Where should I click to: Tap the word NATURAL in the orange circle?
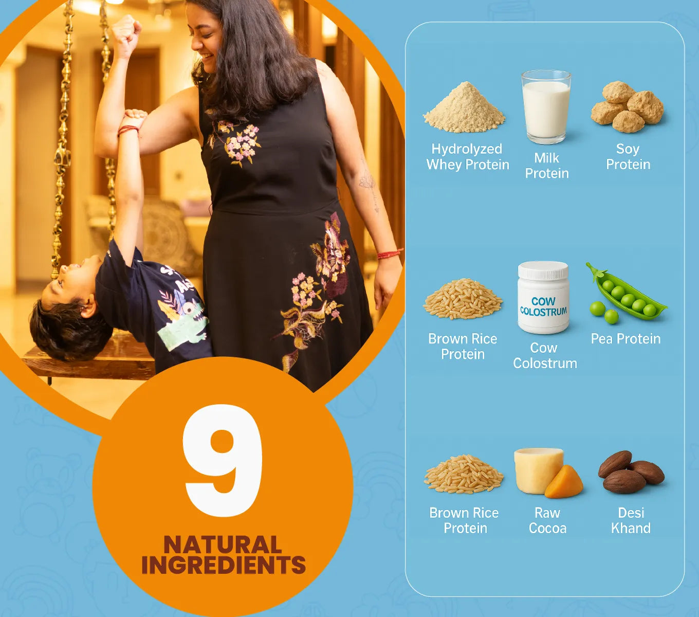tap(223, 545)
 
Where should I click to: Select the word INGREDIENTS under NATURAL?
tap(224, 565)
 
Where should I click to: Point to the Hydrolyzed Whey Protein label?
tap(467, 157)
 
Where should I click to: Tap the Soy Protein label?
tap(628, 157)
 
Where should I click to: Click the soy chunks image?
tap(627, 107)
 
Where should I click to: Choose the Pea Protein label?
tap(626, 339)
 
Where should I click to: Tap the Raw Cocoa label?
tap(547, 520)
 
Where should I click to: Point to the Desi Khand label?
tap(631, 520)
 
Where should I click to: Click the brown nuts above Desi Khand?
tap(631, 472)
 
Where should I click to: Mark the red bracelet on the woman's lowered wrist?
tap(389, 254)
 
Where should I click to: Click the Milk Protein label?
tap(547, 166)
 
